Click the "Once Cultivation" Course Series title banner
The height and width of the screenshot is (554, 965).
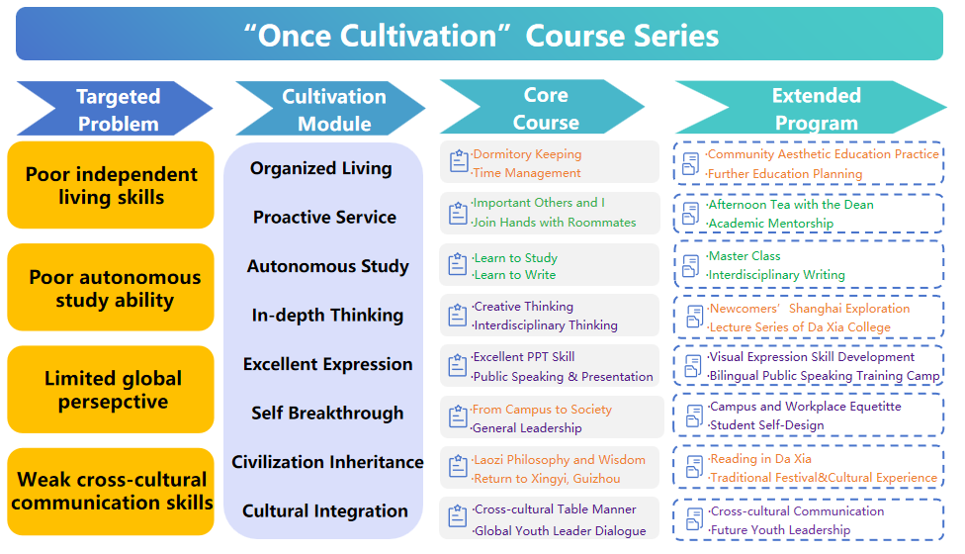coord(480,34)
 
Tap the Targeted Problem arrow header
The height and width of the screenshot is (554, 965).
coord(115,109)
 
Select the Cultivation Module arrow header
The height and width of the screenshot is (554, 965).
coord(330,109)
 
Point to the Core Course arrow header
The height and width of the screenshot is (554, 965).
coord(542,107)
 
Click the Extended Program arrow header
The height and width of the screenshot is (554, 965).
coord(811,108)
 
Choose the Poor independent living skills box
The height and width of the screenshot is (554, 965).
coord(111,185)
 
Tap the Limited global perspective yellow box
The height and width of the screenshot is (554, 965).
coord(111,390)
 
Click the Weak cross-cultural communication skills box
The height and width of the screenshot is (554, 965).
coord(111,492)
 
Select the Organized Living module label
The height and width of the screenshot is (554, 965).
coord(320,168)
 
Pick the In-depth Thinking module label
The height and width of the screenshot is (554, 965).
coord(327,316)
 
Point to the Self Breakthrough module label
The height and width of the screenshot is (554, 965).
coord(327,414)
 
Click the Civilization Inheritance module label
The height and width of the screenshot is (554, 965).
coord(327,462)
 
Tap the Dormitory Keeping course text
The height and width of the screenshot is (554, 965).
coord(527,154)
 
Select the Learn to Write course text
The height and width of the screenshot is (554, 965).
coord(514,275)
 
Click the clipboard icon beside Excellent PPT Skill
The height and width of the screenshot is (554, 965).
coord(457,365)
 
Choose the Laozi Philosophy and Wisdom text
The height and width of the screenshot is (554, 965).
coord(559,460)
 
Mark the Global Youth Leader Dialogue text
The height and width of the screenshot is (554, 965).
coord(560,530)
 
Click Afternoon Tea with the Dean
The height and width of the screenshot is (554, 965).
coord(790,205)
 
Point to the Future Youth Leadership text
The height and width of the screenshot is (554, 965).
coord(780,530)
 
